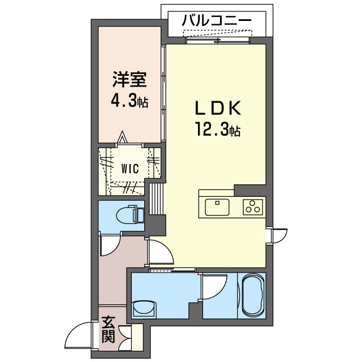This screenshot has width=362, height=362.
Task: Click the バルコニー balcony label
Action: (216, 21)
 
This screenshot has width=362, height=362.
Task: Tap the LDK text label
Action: (219, 108)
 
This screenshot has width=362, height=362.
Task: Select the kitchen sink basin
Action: (217, 206)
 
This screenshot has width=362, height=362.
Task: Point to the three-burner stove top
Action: (252, 206)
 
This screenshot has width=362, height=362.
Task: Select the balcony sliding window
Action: (218, 39)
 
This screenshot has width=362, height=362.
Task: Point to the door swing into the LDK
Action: (158, 252)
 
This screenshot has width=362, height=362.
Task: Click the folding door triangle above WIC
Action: (123, 138)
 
